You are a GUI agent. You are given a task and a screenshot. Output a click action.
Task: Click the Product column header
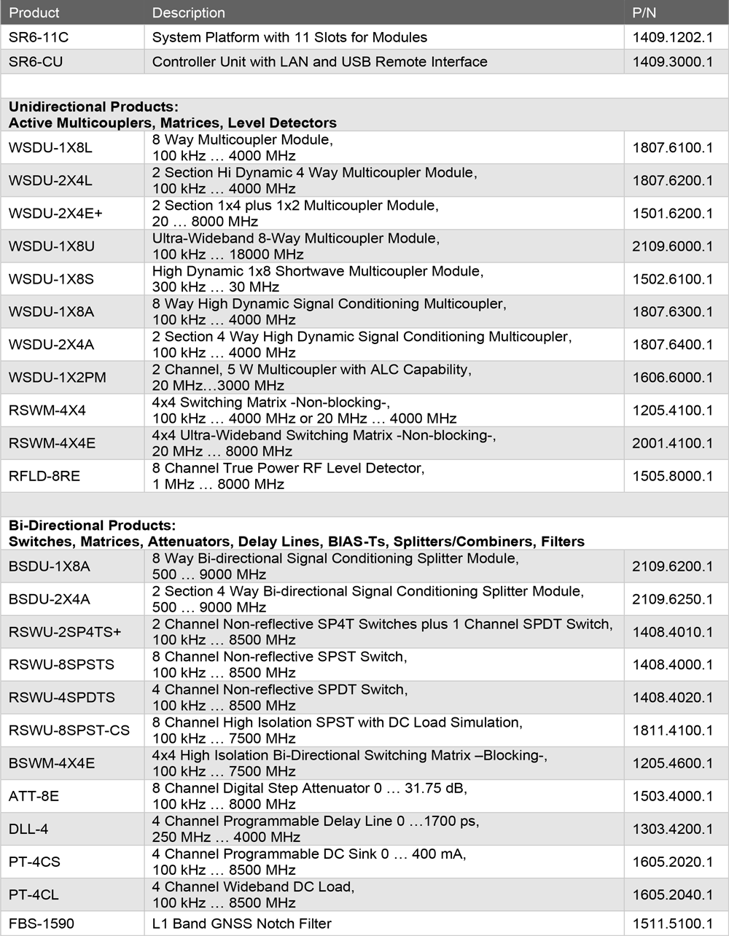[x=34, y=13]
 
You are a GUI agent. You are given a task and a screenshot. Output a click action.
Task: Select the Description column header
[x=188, y=13]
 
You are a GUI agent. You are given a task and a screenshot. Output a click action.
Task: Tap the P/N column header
[x=644, y=13]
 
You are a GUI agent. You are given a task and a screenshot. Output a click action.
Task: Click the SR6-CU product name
[x=36, y=62]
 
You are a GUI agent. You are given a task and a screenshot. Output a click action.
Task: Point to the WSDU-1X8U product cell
[x=52, y=246]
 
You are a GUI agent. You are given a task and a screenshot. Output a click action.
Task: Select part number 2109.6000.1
[x=672, y=246]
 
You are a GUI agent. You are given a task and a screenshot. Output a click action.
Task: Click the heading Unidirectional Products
[x=94, y=107]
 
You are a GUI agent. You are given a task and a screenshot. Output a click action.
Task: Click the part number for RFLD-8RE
[x=672, y=476]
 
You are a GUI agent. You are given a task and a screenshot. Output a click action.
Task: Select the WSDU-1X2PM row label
[x=58, y=378]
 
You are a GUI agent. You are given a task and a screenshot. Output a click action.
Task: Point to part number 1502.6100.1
[x=672, y=279]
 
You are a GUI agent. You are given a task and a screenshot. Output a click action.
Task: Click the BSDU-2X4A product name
[x=50, y=599]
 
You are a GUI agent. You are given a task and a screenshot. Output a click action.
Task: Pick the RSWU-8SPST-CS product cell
[x=69, y=730]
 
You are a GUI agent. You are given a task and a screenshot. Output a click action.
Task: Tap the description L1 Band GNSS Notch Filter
[x=241, y=924]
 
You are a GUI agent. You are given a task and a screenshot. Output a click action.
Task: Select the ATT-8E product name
[x=34, y=796]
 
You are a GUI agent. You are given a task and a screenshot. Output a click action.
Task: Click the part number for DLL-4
[x=672, y=829]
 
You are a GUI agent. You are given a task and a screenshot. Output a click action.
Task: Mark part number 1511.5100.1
[x=672, y=924]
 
